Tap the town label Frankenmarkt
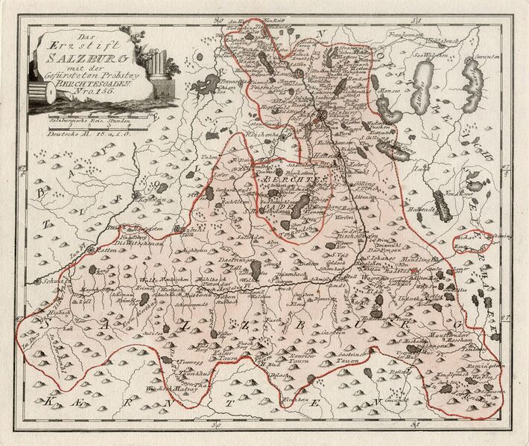tap(403, 34)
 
